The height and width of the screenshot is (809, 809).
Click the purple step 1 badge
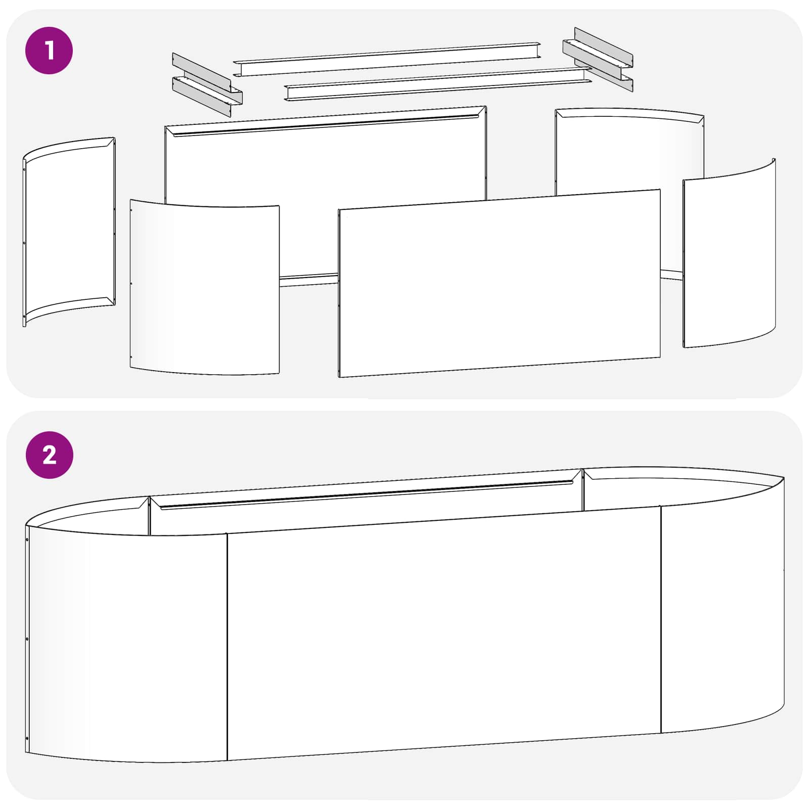point(49,51)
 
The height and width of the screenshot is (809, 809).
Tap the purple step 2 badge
point(49,455)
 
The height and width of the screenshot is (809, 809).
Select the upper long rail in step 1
point(387,59)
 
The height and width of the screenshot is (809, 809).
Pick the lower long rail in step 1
point(438,84)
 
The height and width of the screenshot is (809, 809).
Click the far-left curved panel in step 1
point(69,232)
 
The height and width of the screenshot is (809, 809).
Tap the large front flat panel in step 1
point(500,283)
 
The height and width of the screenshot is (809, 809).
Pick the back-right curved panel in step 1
point(629,152)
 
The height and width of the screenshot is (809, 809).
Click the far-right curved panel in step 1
point(729,253)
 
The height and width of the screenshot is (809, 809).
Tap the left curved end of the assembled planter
point(126,642)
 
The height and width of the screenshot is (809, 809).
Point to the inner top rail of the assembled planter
point(367,495)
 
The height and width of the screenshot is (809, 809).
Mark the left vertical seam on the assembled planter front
point(227,647)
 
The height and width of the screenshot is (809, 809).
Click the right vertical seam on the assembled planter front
point(661,619)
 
